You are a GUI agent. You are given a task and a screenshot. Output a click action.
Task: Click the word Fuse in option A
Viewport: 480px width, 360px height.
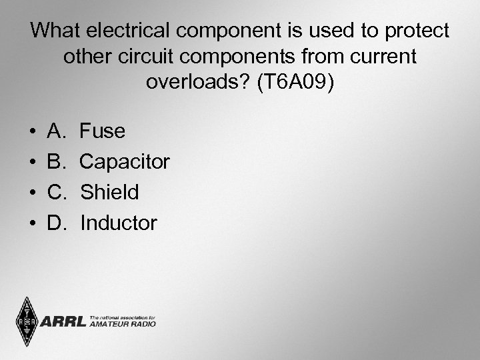point(103,131)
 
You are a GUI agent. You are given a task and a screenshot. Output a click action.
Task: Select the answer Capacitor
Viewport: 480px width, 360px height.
point(125,162)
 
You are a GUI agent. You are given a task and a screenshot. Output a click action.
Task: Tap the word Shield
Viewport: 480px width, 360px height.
point(109,193)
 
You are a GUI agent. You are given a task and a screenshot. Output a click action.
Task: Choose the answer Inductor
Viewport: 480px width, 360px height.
point(119,223)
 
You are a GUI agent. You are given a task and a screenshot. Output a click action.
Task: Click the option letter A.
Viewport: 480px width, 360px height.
point(56,131)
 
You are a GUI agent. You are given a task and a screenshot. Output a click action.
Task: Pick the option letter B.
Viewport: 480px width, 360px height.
point(56,162)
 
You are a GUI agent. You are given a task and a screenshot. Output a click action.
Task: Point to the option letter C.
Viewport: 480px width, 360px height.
point(56,193)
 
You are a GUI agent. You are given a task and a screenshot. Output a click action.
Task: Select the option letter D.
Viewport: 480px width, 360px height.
point(56,223)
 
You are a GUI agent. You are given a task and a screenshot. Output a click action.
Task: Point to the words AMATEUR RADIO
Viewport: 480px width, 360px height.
point(123,325)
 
